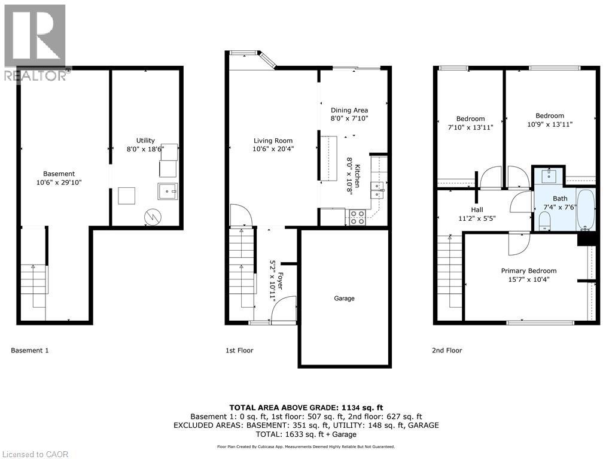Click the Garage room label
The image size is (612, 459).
pos(344,298)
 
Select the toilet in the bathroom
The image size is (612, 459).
pos(544,223)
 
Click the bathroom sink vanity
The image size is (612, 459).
pos(550,177)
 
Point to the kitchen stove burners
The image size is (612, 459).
pos(357,217)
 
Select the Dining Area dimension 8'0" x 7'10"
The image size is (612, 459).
pos(349,118)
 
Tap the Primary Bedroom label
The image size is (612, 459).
pos(528,270)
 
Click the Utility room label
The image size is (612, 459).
pos(145,141)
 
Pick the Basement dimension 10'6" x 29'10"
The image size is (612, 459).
pos(59,182)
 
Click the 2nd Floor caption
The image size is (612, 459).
pos(447,351)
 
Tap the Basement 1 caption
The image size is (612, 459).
pos(30,351)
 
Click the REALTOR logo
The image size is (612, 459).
pos(34,42)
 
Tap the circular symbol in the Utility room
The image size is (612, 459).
pos(152,216)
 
